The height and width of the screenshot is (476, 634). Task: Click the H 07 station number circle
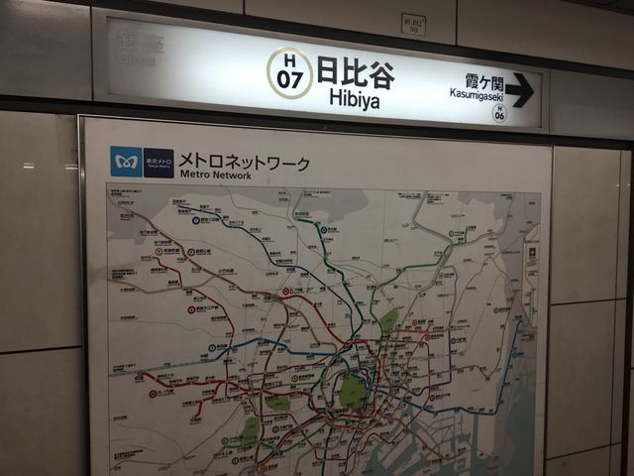pos(289,72)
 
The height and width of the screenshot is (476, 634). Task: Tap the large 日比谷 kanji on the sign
pos(355,69)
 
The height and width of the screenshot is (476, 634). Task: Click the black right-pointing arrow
pos(519,90)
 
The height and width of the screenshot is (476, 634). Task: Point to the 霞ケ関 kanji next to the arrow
pos(484,80)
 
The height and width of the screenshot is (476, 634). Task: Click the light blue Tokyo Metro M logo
pos(126,162)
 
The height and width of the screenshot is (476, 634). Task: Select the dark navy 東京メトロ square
pos(158,163)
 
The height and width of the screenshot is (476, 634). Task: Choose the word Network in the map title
pos(234,175)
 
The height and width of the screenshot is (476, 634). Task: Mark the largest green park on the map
pos(353,390)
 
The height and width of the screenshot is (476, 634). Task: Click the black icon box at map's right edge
pos(531,251)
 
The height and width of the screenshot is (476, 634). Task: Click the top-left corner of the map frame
pos(81,119)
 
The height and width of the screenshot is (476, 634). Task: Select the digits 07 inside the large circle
pos(289,80)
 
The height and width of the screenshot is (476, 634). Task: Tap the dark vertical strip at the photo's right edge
pos(627,297)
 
